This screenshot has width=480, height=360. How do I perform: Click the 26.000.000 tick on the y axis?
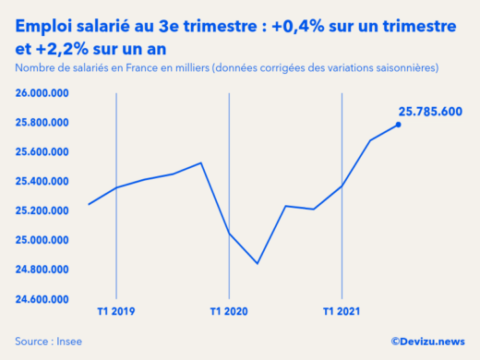[x=43, y=93]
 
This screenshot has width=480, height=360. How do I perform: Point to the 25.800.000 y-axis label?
[x=43, y=123]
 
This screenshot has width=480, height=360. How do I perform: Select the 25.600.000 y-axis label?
[x=43, y=152]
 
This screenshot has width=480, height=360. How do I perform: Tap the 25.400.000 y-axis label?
[x=43, y=182]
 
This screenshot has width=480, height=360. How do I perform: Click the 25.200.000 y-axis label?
[x=43, y=211]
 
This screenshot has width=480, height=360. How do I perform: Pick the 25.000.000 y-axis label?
[x=43, y=241]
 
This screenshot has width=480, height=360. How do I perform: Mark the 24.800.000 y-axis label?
[x=43, y=270]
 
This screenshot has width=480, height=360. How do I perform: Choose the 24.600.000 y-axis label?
[x=43, y=300]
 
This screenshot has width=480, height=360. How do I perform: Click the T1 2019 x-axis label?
[x=116, y=311]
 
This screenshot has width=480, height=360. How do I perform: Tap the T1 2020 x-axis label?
[x=229, y=311]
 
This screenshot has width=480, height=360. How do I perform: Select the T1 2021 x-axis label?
[x=342, y=311]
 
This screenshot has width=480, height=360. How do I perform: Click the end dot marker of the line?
[x=399, y=125]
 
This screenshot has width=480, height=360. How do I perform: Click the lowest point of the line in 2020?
[x=257, y=264]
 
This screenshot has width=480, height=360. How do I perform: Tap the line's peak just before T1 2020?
[x=201, y=163]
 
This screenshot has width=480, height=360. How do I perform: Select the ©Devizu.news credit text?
[x=427, y=341]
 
